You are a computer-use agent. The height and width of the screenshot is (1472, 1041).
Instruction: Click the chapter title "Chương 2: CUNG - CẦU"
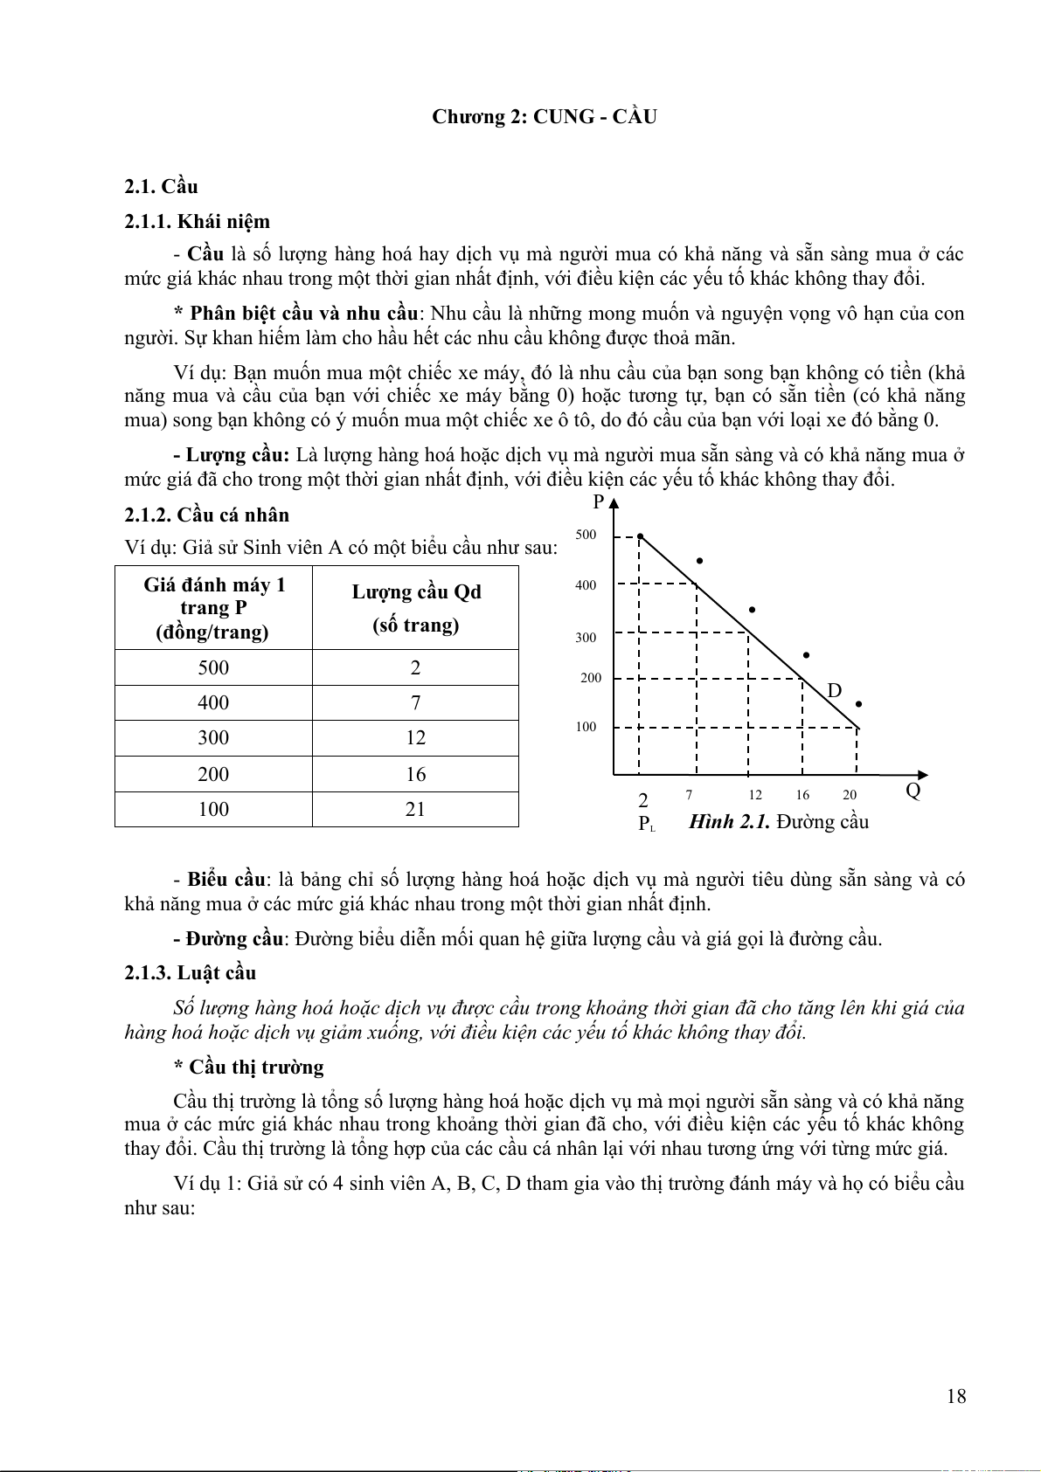click(544, 117)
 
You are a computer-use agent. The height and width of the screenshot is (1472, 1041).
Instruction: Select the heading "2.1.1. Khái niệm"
click(197, 221)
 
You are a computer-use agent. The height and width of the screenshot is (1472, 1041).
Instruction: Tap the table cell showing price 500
click(213, 667)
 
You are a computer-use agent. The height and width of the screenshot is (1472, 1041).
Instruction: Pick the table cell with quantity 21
click(415, 809)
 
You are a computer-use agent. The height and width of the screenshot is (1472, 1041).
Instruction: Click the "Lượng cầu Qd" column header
click(416, 592)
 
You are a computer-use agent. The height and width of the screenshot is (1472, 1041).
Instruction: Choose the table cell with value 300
click(213, 738)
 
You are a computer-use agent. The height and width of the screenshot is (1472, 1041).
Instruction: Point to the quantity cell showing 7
click(415, 702)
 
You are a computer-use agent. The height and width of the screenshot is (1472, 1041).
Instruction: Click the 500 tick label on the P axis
click(586, 535)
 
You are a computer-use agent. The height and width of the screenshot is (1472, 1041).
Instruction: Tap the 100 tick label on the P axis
click(586, 727)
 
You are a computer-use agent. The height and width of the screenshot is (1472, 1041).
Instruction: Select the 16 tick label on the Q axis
click(802, 795)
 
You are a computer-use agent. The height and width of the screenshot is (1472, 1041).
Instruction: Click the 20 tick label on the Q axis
click(850, 795)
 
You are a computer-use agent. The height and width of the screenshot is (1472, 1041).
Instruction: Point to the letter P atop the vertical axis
click(599, 502)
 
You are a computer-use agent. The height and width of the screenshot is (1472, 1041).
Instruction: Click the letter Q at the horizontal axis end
click(913, 791)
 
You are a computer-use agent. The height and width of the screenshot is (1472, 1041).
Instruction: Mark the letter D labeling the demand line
click(834, 691)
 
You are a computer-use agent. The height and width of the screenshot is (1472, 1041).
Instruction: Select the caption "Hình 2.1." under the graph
click(729, 821)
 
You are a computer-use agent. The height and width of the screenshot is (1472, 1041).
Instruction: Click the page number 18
click(956, 1396)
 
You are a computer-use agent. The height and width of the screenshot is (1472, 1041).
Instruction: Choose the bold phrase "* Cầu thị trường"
click(248, 1067)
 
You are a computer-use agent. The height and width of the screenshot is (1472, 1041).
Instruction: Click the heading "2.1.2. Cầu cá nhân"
click(206, 515)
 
